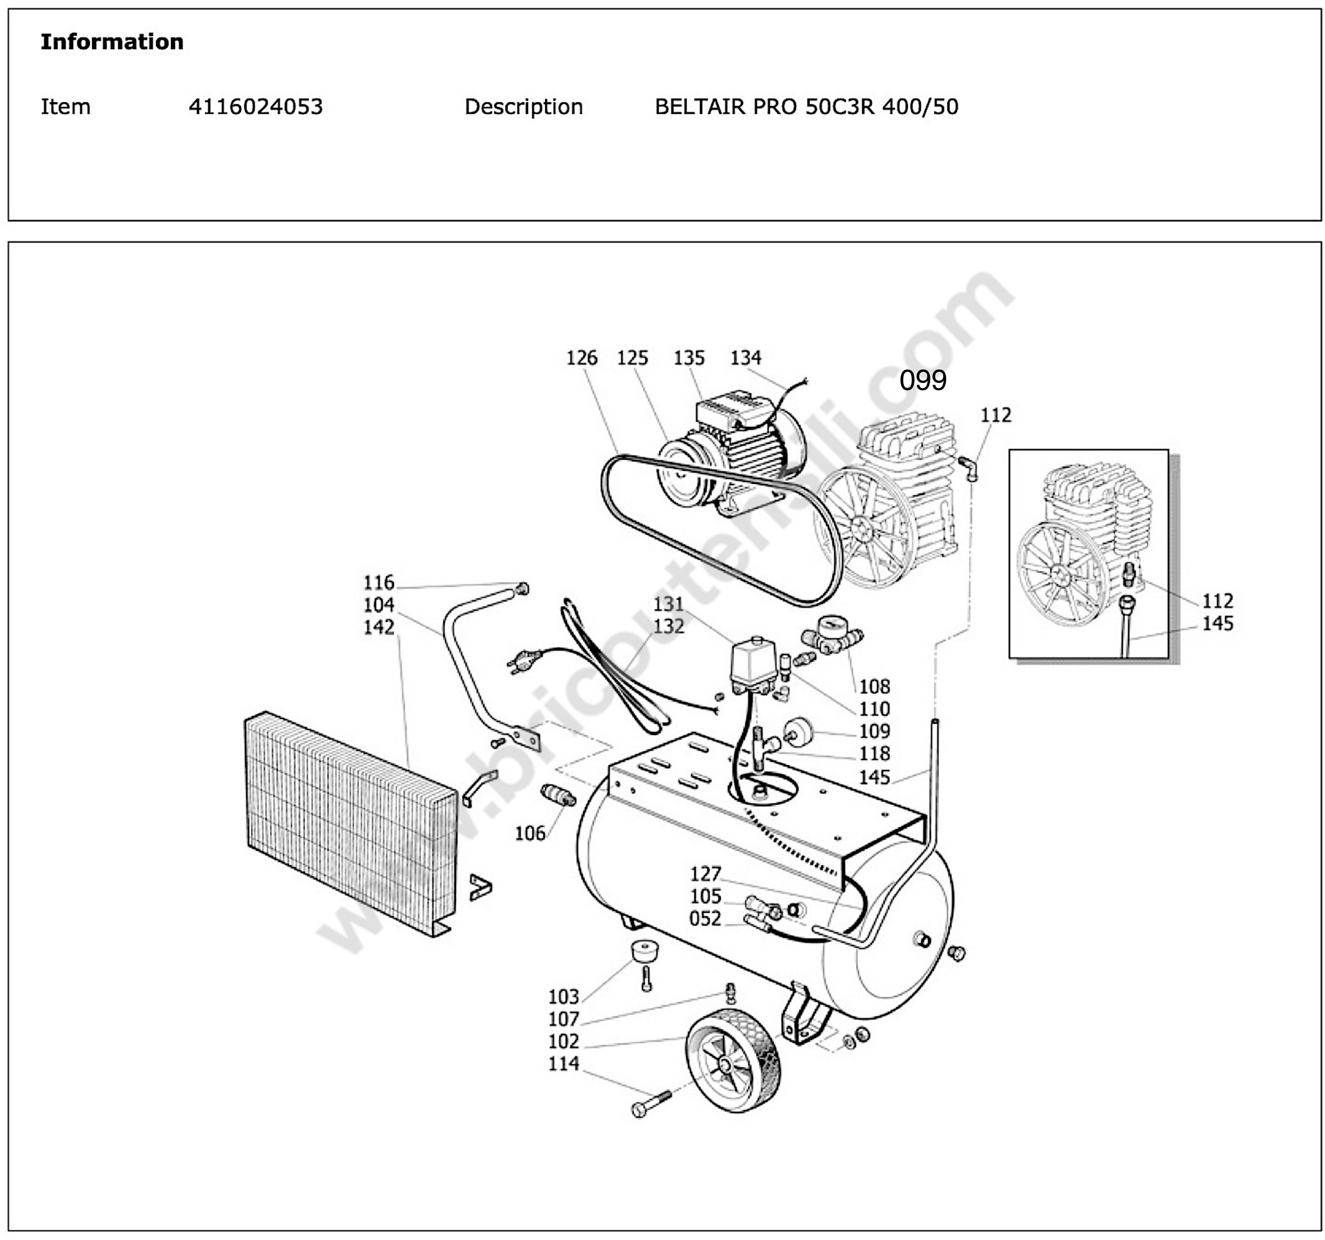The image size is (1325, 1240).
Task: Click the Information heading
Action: [x=112, y=41]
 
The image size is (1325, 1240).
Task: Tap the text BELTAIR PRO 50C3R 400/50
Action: [x=806, y=106]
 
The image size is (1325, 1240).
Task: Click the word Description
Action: [x=523, y=106]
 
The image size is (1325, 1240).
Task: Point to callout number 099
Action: [x=923, y=380]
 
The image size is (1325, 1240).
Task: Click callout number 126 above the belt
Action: [x=582, y=358]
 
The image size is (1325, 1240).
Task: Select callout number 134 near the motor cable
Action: [x=745, y=358]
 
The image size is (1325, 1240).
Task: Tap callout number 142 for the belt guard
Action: [x=378, y=627]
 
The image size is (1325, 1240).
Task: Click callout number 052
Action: [x=705, y=919]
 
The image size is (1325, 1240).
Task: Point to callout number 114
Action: [x=563, y=1064]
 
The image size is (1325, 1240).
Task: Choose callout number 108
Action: [x=874, y=687]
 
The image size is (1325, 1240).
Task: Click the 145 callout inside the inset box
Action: [x=1218, y=623]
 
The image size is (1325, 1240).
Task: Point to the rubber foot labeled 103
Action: [x=643, y=950]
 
